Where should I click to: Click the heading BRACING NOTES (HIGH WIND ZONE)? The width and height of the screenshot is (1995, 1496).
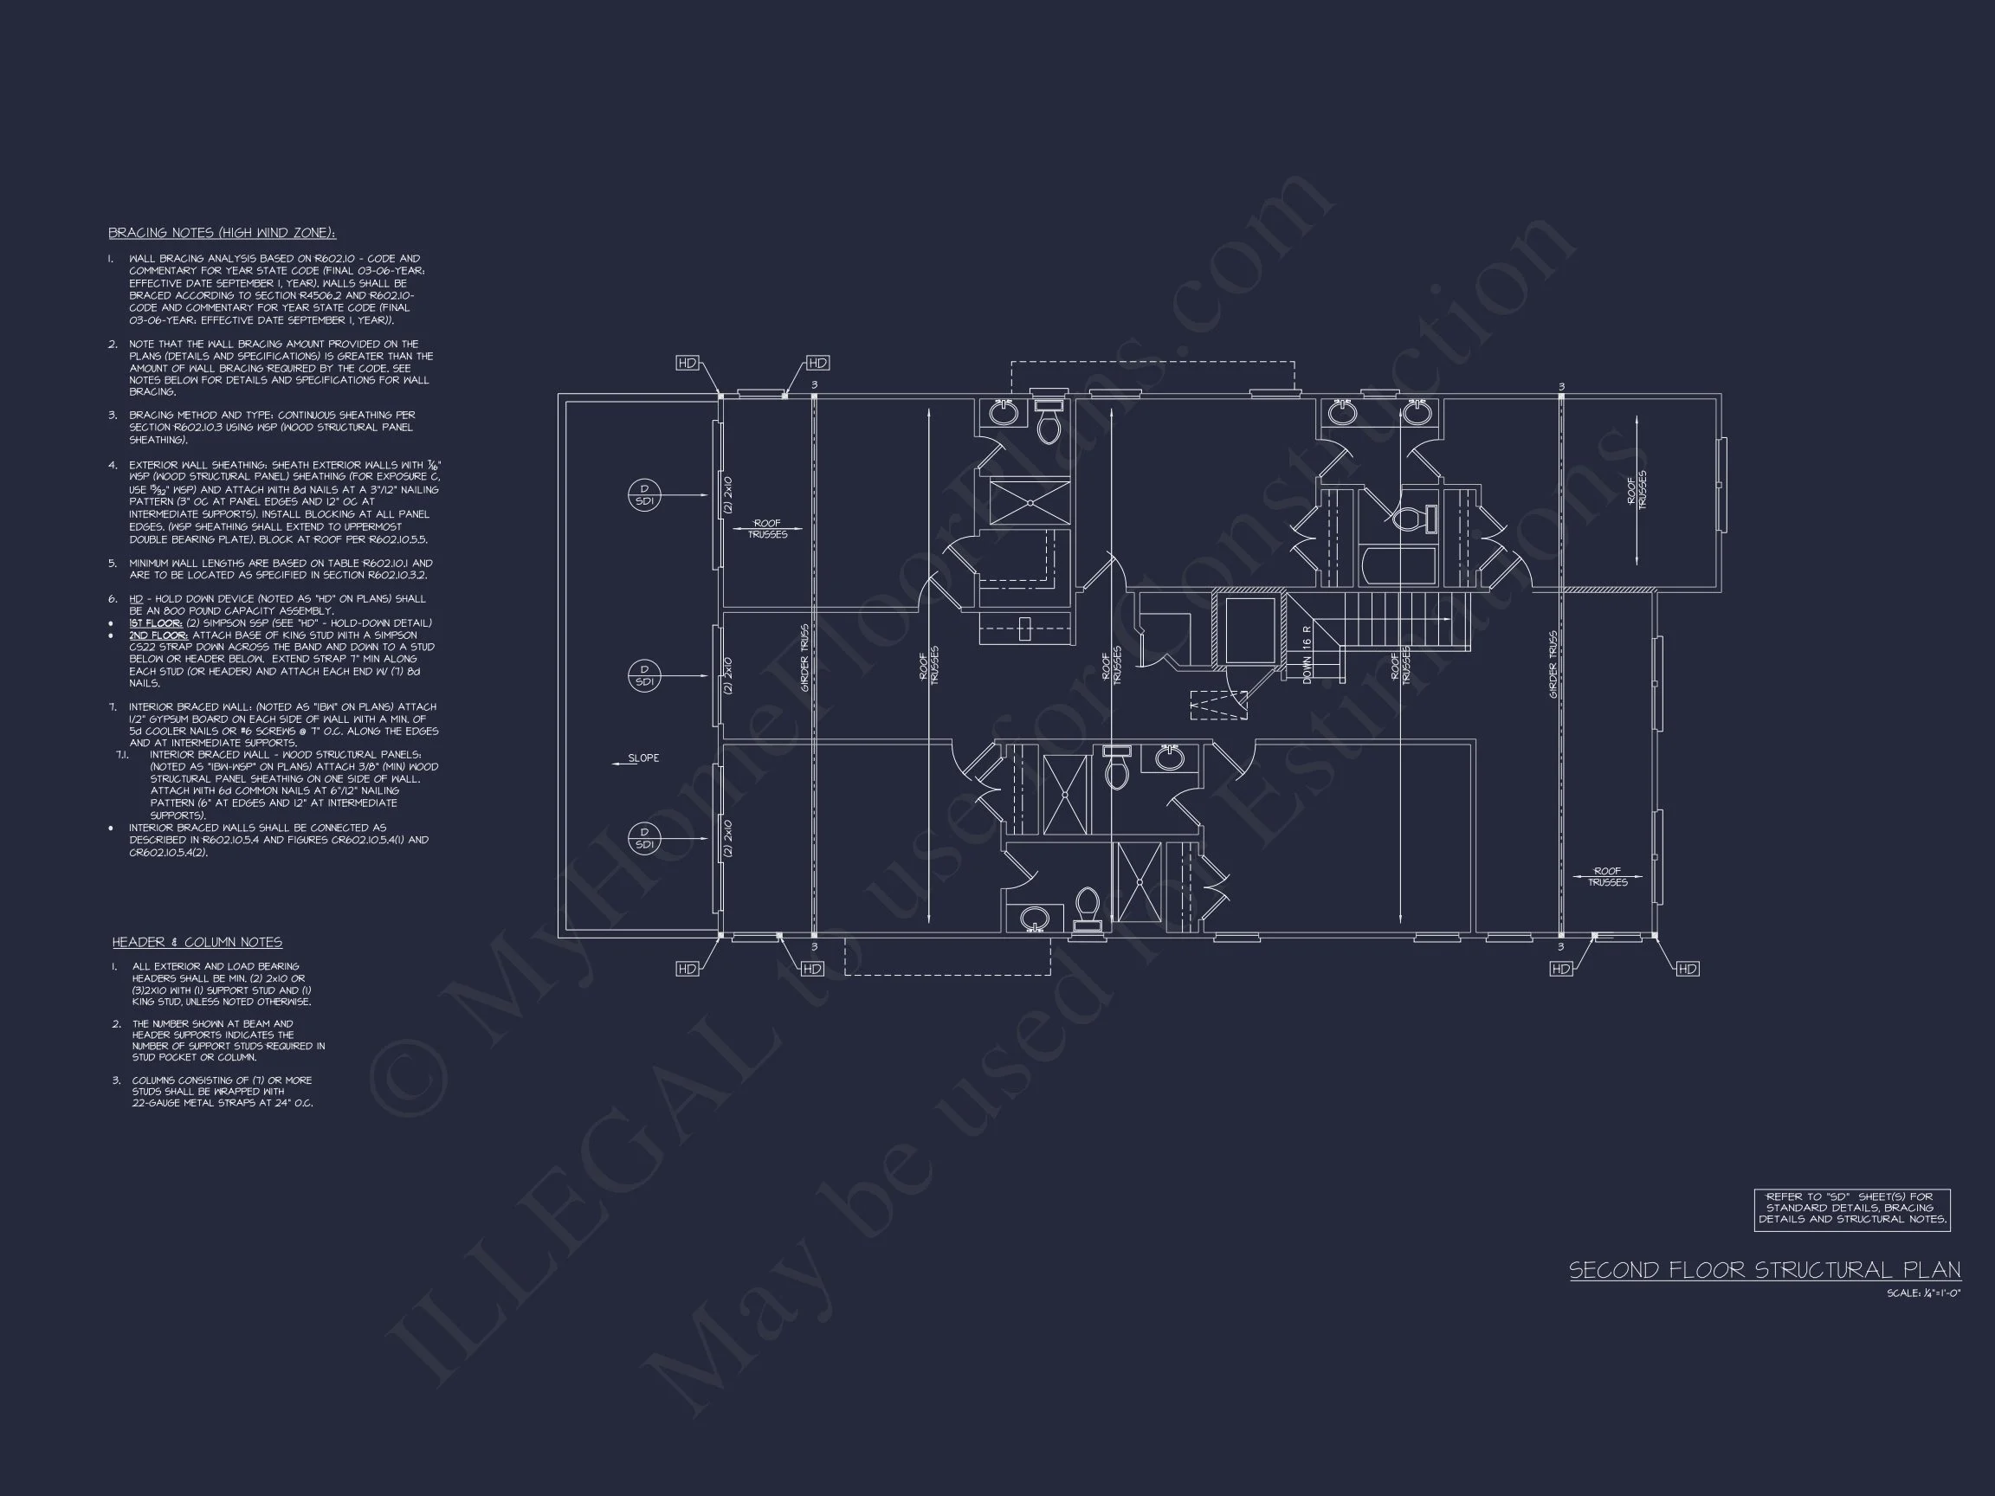[222, 233]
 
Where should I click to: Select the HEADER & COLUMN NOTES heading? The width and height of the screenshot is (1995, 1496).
[197, 942]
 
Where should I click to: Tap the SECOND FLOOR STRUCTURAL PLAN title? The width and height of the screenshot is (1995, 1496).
[1764, 1271]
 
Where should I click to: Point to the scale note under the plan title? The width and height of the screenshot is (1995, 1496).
[1923, 1293]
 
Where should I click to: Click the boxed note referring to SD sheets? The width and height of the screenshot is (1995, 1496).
[1851, 1209]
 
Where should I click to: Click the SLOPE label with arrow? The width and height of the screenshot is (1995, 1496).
[637, 758]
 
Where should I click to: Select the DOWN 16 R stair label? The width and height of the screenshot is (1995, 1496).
[1307, 654]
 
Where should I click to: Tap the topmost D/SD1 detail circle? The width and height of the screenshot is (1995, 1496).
[644, 495]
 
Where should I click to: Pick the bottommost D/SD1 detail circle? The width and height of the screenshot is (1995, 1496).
[644, 839]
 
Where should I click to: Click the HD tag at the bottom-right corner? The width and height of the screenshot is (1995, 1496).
[1687, 969]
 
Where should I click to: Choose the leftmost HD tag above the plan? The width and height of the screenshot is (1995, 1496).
[688, 363]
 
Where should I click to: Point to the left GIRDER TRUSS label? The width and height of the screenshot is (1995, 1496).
[804, 658]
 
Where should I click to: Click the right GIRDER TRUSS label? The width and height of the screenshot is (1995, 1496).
[1553, 664]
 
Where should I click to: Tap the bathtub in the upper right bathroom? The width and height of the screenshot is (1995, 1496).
[1397, 564]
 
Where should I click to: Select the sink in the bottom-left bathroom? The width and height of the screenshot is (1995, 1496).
[1035, 919]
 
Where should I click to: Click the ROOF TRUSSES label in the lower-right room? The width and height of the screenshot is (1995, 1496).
[1607, 876]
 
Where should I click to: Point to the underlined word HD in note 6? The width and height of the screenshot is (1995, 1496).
[136, 599]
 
